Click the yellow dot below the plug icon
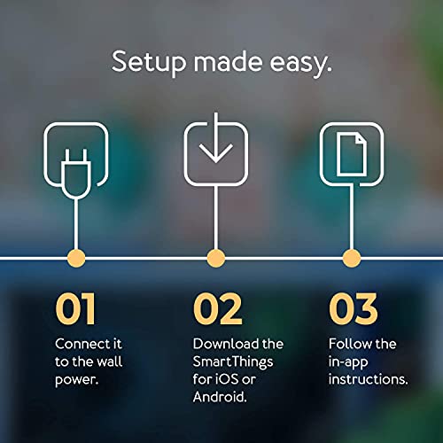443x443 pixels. coord(77,258)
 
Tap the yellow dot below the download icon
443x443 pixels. coord(214,258)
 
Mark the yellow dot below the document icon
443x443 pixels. coord(352,258)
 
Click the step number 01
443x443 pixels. coord(75,308)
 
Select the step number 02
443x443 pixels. coord(217,308)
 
